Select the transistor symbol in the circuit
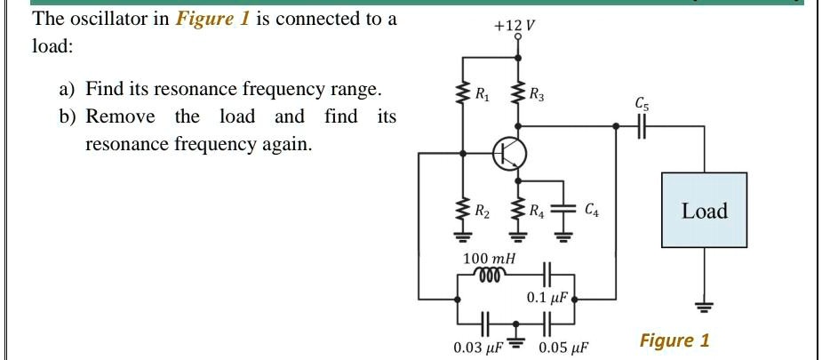coord(510,153)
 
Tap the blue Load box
coord(704,211)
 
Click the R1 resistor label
coord(482,93)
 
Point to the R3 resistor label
coord(537,93)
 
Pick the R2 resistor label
coord(482,212)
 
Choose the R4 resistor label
coord(536,212)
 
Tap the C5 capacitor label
coord(642,103)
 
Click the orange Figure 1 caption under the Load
coord(674,340)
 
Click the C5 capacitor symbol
coord(642,127)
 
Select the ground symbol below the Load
coord(704,307)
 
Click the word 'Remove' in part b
coord(120,117)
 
